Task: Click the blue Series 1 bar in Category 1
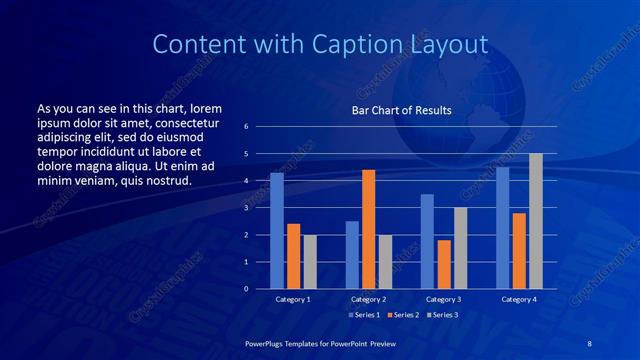[277, 231]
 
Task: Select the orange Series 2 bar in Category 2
[368, 229]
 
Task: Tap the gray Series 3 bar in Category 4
[536, 221]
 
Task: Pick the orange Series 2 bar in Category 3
[444, 264]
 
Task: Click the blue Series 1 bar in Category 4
[502, 228]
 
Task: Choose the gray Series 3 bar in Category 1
[310, 262]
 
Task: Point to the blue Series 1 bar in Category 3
[427, 241]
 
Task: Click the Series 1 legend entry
[364, 315]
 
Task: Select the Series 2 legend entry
[402, 315]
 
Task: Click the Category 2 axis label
[368, 299]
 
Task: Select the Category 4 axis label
[518, 299]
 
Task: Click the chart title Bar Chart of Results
[401, 110]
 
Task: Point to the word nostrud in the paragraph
[164, 180]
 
